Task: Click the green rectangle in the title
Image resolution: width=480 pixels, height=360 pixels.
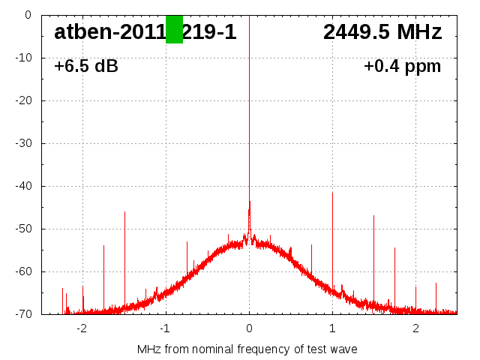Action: click(174, 29)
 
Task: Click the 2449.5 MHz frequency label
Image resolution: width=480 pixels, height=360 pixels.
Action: click(382, 32)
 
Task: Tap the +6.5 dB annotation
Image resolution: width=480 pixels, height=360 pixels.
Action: click(85, 67)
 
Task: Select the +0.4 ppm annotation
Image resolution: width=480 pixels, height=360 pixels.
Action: click(402, 67)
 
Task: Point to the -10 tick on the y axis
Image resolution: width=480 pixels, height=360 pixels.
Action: click(25, 58)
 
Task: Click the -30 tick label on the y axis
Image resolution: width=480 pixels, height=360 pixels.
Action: click(25, 143)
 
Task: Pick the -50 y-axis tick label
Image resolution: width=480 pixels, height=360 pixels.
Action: click(25, 229)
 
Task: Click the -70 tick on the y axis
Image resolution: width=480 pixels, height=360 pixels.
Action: click(25, 314)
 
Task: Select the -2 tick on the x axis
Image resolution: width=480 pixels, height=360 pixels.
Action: click(82, 328)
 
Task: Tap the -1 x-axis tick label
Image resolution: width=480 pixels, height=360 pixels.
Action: click(166, 328)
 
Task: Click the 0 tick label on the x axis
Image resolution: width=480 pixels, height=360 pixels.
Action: click(249, 328)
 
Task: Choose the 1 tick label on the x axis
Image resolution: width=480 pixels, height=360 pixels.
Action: click(332, 328)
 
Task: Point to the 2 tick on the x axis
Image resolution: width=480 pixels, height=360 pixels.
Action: click(415, 328)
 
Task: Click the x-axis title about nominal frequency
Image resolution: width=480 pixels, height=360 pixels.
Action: click(247, 349)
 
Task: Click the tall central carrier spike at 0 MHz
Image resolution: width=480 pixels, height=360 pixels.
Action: click(249, 112)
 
